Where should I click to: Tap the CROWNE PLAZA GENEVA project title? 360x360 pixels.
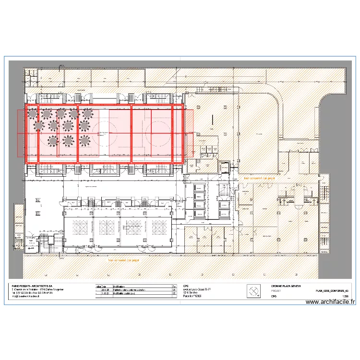[x=286, y=286]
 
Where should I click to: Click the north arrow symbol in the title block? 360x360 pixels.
[x=253, y=291]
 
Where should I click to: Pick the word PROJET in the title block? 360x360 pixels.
[x=276, y=291]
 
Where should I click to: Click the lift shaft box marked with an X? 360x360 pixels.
[x=224, y=167]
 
